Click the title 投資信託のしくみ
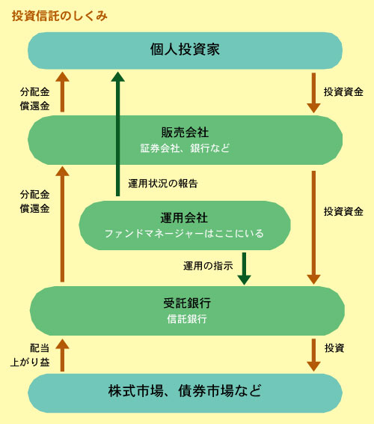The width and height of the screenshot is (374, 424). pyautogui.click(x=60, y=16)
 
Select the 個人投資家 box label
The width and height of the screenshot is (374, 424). pyautogui.click(x=185, y=49)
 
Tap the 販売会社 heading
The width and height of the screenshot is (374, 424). pyautogui.click(x=185, y=133)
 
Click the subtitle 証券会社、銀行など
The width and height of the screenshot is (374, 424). pyautogui.click(x=185, y=148)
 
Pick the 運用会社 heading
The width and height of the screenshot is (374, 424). pyautogui.click(x=184, y=218)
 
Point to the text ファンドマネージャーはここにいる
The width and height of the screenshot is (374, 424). pyautogui.click(x=184, y=234)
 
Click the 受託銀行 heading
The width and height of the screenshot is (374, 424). pyautogui.click(x=187, y=303)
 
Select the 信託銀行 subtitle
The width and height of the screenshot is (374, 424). pyautogui.click(x=187, y=319)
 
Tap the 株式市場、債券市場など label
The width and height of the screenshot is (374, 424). pyautogui.click(x=185, y=391)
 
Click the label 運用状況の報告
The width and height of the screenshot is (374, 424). pyautogui.click(x=163, y=184)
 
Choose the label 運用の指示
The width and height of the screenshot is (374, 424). pyautogui.click(x=208, y=266)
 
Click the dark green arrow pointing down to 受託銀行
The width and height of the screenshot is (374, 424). pyautogui.click(x=244, y=269)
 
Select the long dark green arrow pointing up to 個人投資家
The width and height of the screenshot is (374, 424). pyautogui.click(x=117, y=134)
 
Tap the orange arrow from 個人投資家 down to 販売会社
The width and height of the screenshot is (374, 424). pyautogui.click(x=313, y=93)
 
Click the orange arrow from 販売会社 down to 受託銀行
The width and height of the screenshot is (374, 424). pyautogui.click(x=313, y=228)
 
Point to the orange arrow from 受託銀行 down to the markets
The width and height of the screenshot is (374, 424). pyautogui.click(x=313, y=355)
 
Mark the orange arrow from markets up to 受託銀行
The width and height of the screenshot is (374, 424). pyautogui.click(x=62, y=355)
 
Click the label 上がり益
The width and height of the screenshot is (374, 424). pyautogui.click(x=30, y=363)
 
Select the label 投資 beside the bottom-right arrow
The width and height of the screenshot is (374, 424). pyautogui.click(x=334, y=348)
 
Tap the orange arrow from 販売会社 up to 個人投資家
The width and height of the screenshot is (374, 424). pyautogui.click(x=62, y=91)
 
